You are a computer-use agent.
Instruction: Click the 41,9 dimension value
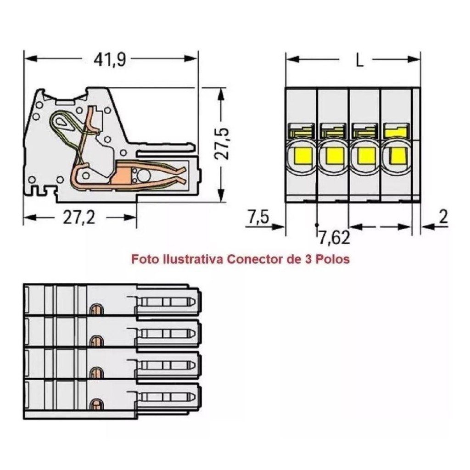[110, 60]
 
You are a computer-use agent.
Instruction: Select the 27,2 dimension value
[79, 217]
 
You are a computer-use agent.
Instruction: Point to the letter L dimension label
[359, 60]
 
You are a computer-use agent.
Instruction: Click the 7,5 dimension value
[258, 217]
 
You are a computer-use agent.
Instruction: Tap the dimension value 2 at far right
[443, 217]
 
